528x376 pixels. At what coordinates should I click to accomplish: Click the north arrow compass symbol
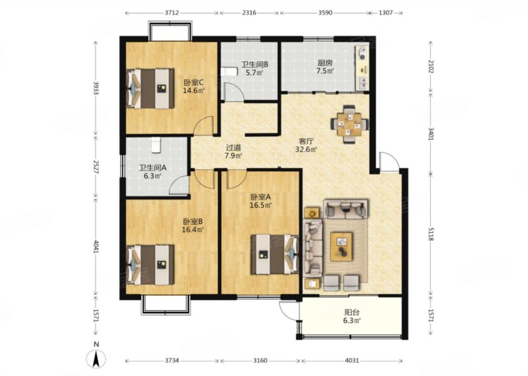pos(96,358)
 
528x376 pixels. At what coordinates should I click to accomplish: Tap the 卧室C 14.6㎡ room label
pos(194,87)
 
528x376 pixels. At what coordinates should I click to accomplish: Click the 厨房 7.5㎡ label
pos(325,67)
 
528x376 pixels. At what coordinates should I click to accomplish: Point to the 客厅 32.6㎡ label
pos(306,145)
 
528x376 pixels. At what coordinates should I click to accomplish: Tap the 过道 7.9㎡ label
pos(234,151)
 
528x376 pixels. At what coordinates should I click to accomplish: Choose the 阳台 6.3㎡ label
pos(352,317)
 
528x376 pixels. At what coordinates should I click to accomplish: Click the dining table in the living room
pos(349,124)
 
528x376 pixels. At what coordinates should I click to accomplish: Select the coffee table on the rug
pos(341,246)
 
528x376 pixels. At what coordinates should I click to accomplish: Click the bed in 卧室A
pos(275,254)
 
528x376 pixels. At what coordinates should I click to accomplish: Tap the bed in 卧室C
pos(150,89)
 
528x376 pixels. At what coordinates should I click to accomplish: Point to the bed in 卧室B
pos(150,265)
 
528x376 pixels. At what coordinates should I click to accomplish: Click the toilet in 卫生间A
pos(155,145)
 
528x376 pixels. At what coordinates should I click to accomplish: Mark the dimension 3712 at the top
pos(172,13)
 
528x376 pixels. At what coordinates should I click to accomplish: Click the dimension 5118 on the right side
pos(432,234)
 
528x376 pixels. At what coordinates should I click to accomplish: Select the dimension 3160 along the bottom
pos(260,361)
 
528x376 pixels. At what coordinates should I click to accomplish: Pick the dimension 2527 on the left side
pos(95,167)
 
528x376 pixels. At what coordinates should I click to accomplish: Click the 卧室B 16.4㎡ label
pos(193,225)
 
